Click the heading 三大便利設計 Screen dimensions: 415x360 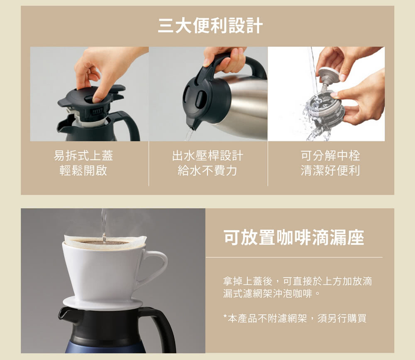210,26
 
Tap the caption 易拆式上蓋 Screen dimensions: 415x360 83,155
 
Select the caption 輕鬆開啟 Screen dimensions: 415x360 83,170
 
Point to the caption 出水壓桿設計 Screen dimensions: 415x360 207,155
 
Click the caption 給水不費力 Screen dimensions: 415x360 207,170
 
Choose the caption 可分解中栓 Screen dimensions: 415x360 330,155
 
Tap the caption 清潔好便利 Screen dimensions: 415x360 330,170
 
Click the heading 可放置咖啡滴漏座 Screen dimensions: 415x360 294,237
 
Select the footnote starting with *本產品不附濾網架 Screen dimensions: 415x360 295,318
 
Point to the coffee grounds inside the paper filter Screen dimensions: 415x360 104,242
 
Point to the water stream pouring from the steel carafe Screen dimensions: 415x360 189,135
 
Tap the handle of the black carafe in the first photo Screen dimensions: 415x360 129,125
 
